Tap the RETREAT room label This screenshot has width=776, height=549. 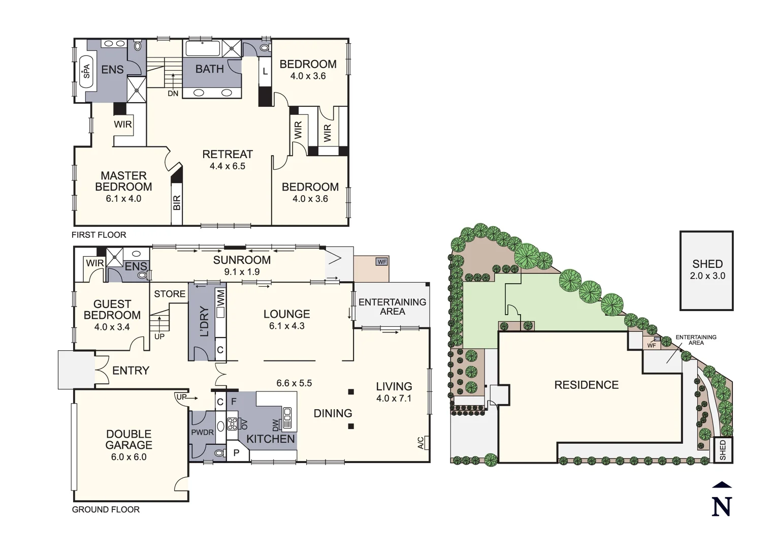[x=227, y=154]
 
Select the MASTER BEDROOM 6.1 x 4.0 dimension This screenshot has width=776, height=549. [x=123, y=199]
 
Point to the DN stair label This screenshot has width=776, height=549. [x=173, y=94]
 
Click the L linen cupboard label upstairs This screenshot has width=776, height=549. [x=265, y=72]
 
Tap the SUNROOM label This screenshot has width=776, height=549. [x=242, y=260]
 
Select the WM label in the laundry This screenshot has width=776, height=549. [x=221, y=297]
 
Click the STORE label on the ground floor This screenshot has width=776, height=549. [x=170, y=294]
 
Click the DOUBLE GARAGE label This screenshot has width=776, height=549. [x=128, y=439]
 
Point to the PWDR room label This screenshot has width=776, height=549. [x=202, y=433]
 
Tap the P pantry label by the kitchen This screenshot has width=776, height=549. [x=236, y=452]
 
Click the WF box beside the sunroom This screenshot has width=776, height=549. [x=381, y=262]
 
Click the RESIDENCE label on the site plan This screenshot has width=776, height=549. [x=586, y=385]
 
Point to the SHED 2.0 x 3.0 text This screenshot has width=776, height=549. [x=707, y=270]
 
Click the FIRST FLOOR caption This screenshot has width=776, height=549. [x=99, y=235]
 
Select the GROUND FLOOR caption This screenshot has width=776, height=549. [x=106, y=509]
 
